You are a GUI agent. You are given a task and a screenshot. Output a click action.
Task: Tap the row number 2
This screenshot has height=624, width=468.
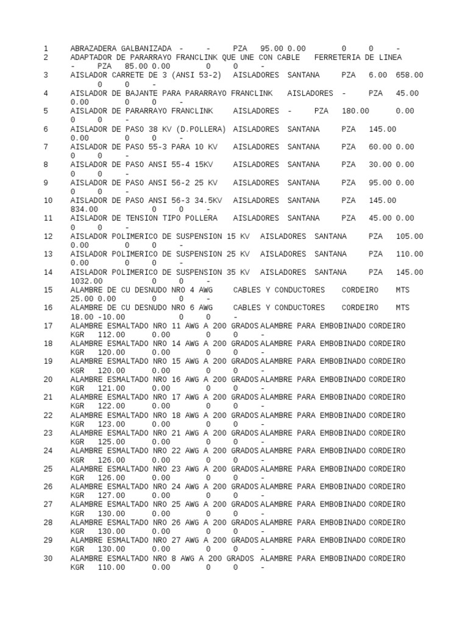coord(46,57)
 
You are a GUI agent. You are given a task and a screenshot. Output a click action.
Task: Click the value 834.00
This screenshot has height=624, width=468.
coord(84,209)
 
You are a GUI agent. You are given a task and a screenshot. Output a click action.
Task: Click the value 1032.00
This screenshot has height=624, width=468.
coord(87,281)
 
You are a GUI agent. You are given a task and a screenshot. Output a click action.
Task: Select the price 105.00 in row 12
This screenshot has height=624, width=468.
coord(409,236)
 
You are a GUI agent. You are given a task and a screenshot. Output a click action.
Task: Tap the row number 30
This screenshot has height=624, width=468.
coord(48,558)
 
